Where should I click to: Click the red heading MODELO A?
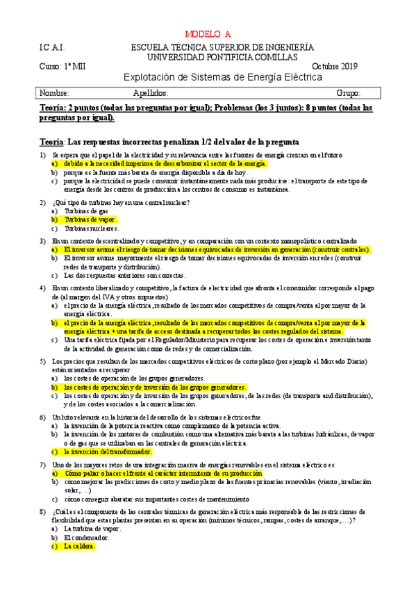pos(208,34)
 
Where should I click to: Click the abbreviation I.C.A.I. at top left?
pos(53,47)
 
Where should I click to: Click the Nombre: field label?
pos(55,92)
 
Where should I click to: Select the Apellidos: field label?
pos(150,92)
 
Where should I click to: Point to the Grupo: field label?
pos(348,92)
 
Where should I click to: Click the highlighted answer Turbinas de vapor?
pos(91,219)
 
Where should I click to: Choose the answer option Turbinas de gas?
pos(86,210)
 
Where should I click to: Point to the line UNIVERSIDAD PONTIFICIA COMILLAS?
pos(222,56)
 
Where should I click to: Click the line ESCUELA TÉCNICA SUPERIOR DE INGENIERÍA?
pos(222,47)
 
